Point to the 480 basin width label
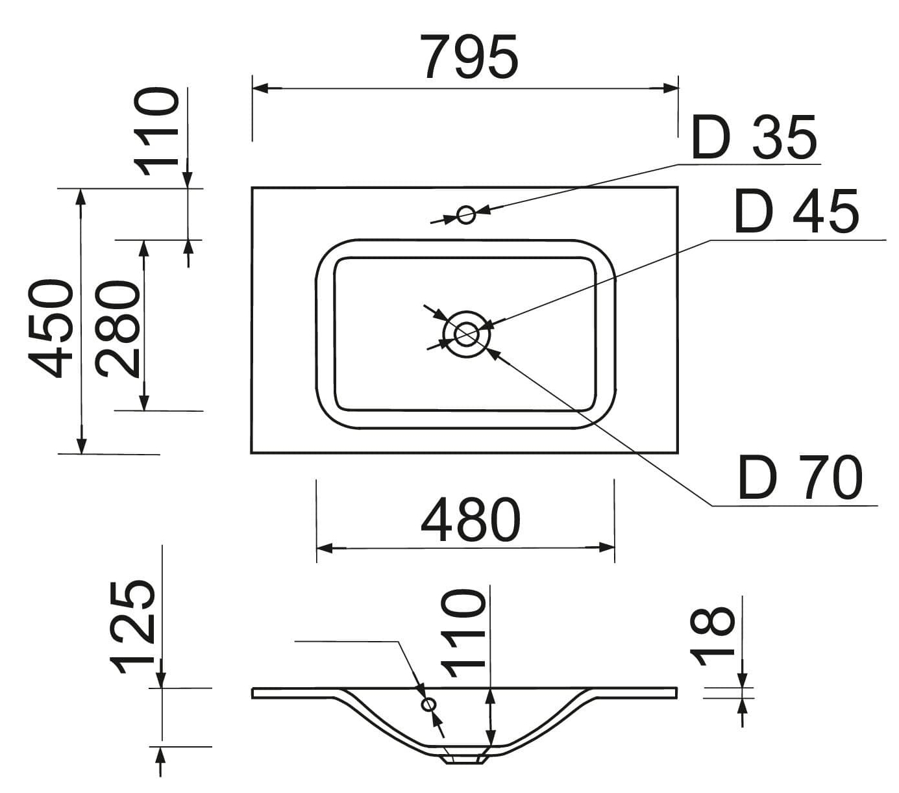(470, 520)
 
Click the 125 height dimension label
(133, 627)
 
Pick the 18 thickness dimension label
(712, 636)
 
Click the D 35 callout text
(754, 138)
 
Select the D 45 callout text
(796, 212)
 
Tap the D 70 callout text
(800, 479)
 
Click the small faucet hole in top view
(465, 214)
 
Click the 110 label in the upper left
(156, 132)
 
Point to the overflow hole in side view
(428, 704)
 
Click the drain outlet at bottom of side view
(464, 759)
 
